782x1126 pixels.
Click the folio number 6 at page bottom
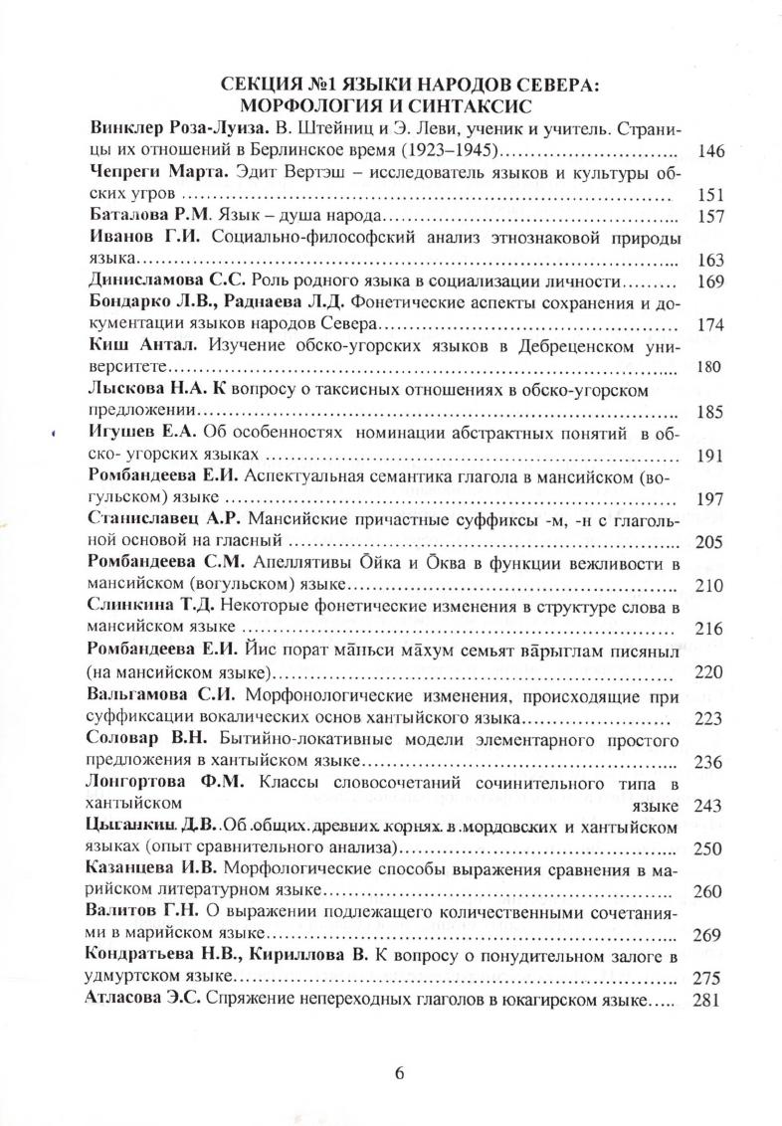coord(399,1073)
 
